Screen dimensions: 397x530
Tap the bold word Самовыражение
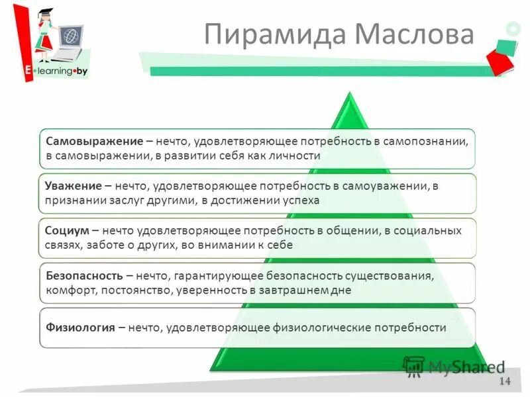(95, 141)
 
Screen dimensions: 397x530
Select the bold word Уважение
(74, 187)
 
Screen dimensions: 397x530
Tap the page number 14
(505, 381)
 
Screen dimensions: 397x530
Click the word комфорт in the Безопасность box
(70, 290)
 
